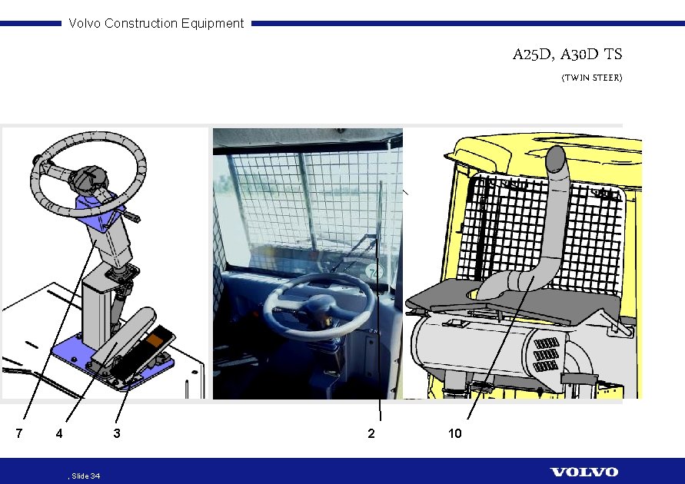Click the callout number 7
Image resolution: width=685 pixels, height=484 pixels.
click(x=18, y=433)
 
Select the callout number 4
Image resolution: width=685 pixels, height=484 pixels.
click(x=59, y=433)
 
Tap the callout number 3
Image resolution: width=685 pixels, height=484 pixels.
click(x=117, y=433)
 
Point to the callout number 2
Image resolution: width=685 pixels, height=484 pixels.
click(x=371, y=433)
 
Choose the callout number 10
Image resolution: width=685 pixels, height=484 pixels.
click(x=455, y=433)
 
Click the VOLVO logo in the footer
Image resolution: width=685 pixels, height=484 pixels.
click(x=584, y=472)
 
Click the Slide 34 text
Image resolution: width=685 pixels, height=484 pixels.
click(x=85, y=476)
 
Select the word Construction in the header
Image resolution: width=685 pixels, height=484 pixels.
click(x=141, y=23)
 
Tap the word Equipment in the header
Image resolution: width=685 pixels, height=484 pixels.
click(x=212, y=24)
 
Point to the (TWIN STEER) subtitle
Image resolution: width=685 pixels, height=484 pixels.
click(x=591, y=78)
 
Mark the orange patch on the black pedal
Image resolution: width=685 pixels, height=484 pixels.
click(x=155, y=340)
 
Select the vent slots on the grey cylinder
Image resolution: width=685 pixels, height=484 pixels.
click(x=545, y=354)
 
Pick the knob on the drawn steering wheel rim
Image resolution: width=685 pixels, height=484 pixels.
click(x=36, y=160)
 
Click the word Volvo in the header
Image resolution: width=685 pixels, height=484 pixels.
click(x=85, y=23)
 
